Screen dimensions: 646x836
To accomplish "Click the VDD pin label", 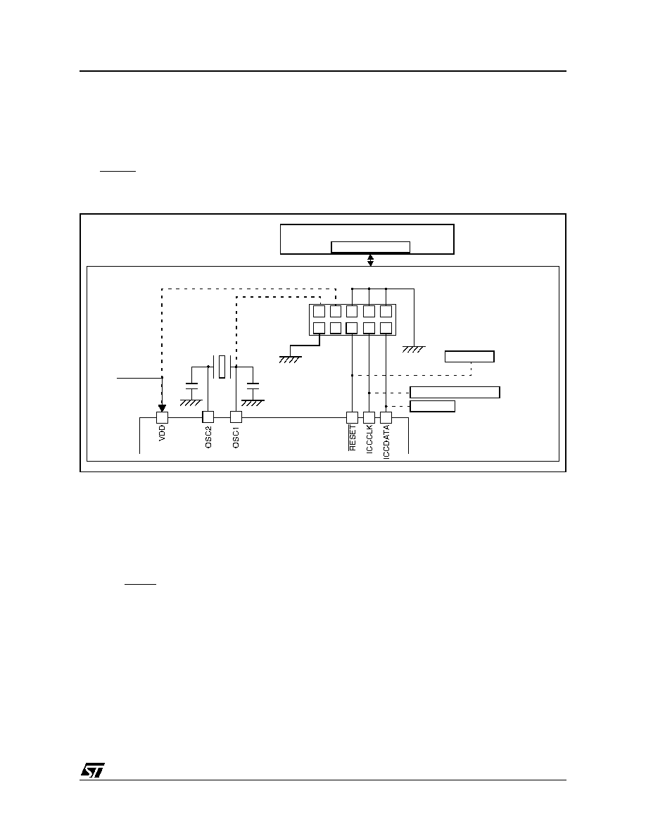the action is click(x=162, y=432).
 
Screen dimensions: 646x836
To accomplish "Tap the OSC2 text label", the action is click(x=208, y=437).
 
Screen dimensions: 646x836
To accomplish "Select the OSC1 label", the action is click(x=236, y=437).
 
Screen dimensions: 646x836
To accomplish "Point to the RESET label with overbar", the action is click(x=352, y=438).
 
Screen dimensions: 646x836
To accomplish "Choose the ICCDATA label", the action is click(x=386, y=442).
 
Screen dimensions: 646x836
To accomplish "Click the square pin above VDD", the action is click(x=162, y=417).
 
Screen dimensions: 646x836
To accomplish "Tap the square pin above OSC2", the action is click(x=208, y=417).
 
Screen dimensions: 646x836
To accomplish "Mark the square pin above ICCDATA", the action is click(x=386, y=417).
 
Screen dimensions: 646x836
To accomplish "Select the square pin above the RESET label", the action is click(x=352, y=417).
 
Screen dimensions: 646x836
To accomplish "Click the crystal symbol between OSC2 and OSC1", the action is click(x=222, y=367).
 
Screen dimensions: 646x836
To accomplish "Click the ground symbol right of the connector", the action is click(x=414, y=349).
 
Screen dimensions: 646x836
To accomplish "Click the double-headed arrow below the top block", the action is click(x=370, y=260).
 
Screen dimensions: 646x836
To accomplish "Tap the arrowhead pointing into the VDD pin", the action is click(x=162, y=408).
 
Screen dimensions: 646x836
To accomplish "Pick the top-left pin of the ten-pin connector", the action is click(x=319, y=311).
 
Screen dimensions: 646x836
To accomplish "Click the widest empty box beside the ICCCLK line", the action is click(x=455, y=393).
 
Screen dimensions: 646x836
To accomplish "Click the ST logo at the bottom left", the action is click(x=93, y=769).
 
